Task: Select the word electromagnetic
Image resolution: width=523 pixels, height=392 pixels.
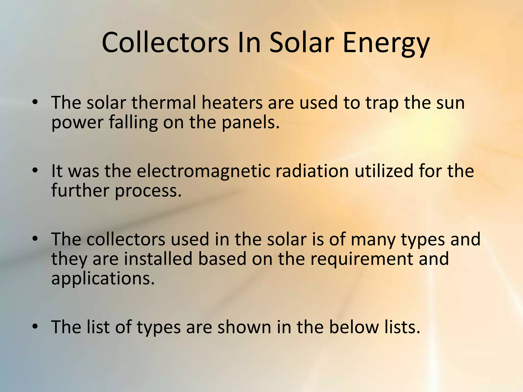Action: click(203, 171)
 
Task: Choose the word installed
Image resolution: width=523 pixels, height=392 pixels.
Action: click(158, 259)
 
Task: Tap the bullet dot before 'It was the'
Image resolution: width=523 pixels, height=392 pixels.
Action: click(35, 170)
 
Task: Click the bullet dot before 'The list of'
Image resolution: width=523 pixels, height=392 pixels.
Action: click(35, 326)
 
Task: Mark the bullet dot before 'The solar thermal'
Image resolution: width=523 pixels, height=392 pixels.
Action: click(35, 102)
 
